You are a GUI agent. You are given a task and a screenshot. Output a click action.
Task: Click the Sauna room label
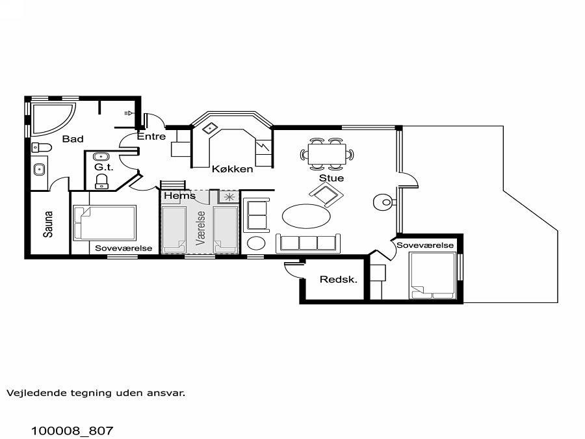[48, 224]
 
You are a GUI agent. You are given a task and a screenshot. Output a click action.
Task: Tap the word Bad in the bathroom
[73, 139]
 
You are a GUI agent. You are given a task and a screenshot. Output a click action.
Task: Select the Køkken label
[233, 168]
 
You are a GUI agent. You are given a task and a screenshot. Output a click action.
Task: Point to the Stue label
[331, 178]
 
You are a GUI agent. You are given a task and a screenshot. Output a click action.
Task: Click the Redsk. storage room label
[339, 279]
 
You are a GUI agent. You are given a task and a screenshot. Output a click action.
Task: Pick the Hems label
[179, 196]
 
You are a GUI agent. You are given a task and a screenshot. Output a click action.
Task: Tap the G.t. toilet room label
[103, 167]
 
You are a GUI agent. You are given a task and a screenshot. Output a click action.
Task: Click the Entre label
[151, 137]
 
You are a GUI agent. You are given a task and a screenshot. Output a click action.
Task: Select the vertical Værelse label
[201, 228]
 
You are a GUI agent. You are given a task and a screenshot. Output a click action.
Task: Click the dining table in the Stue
[327, 154]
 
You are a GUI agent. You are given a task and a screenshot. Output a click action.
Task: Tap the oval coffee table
[306, 216]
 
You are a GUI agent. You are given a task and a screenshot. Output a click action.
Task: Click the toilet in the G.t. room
[102, 181]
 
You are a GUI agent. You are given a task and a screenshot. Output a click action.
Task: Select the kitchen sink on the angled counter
[210, 128]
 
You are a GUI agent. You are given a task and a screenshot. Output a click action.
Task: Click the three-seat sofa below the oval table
[308, 243]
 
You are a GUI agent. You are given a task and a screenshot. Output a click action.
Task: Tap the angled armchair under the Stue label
[326, 194]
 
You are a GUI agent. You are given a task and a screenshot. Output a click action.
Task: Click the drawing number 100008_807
[72, 431]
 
